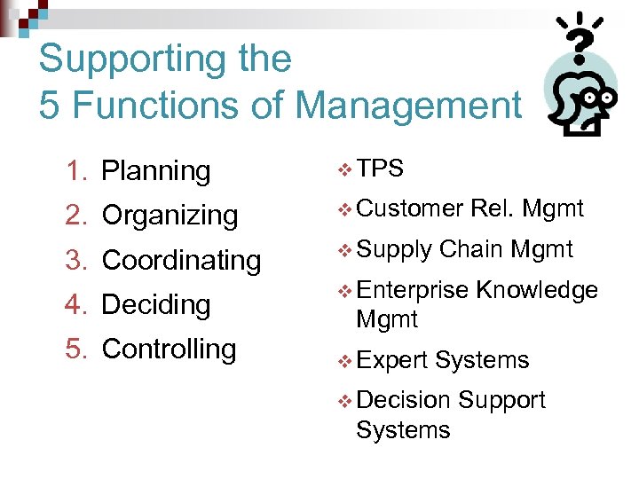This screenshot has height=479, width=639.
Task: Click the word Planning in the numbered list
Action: tap(155, 171)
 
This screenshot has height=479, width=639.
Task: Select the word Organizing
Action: tap(170, 216)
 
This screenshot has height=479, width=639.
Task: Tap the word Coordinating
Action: tap(181, 260)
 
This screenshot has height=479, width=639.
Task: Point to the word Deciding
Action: tap(155, 304)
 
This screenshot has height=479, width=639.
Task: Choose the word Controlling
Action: tap(169, 349)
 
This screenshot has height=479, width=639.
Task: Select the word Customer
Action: tap(409, 208)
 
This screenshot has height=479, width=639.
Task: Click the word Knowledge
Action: tap(537, 290)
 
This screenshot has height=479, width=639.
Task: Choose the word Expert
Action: tap(391, 360)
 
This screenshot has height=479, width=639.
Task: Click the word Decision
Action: tap(402, 400)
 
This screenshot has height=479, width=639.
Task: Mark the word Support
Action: tap(501, 400)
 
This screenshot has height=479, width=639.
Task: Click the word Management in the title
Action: tap(407, 106)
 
